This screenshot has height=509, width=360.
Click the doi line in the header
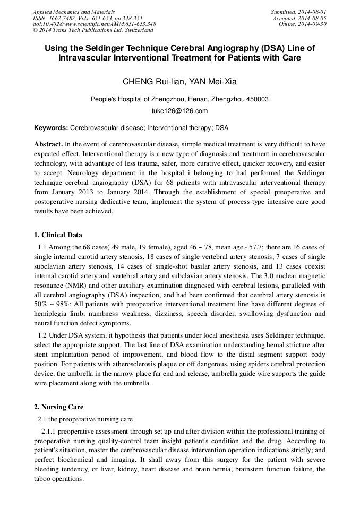pyautogui.click(x=95, y=24)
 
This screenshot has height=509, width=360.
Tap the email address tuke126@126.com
pyautogui.click(x=179, y=111)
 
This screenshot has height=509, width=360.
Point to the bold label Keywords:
pyautogui.click(x=51, y=128)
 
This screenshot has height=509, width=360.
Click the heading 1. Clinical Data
pyautogui.click(x=58, y=235)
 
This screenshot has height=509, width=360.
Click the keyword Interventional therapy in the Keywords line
pyautogui.click(x=179, y=128)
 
